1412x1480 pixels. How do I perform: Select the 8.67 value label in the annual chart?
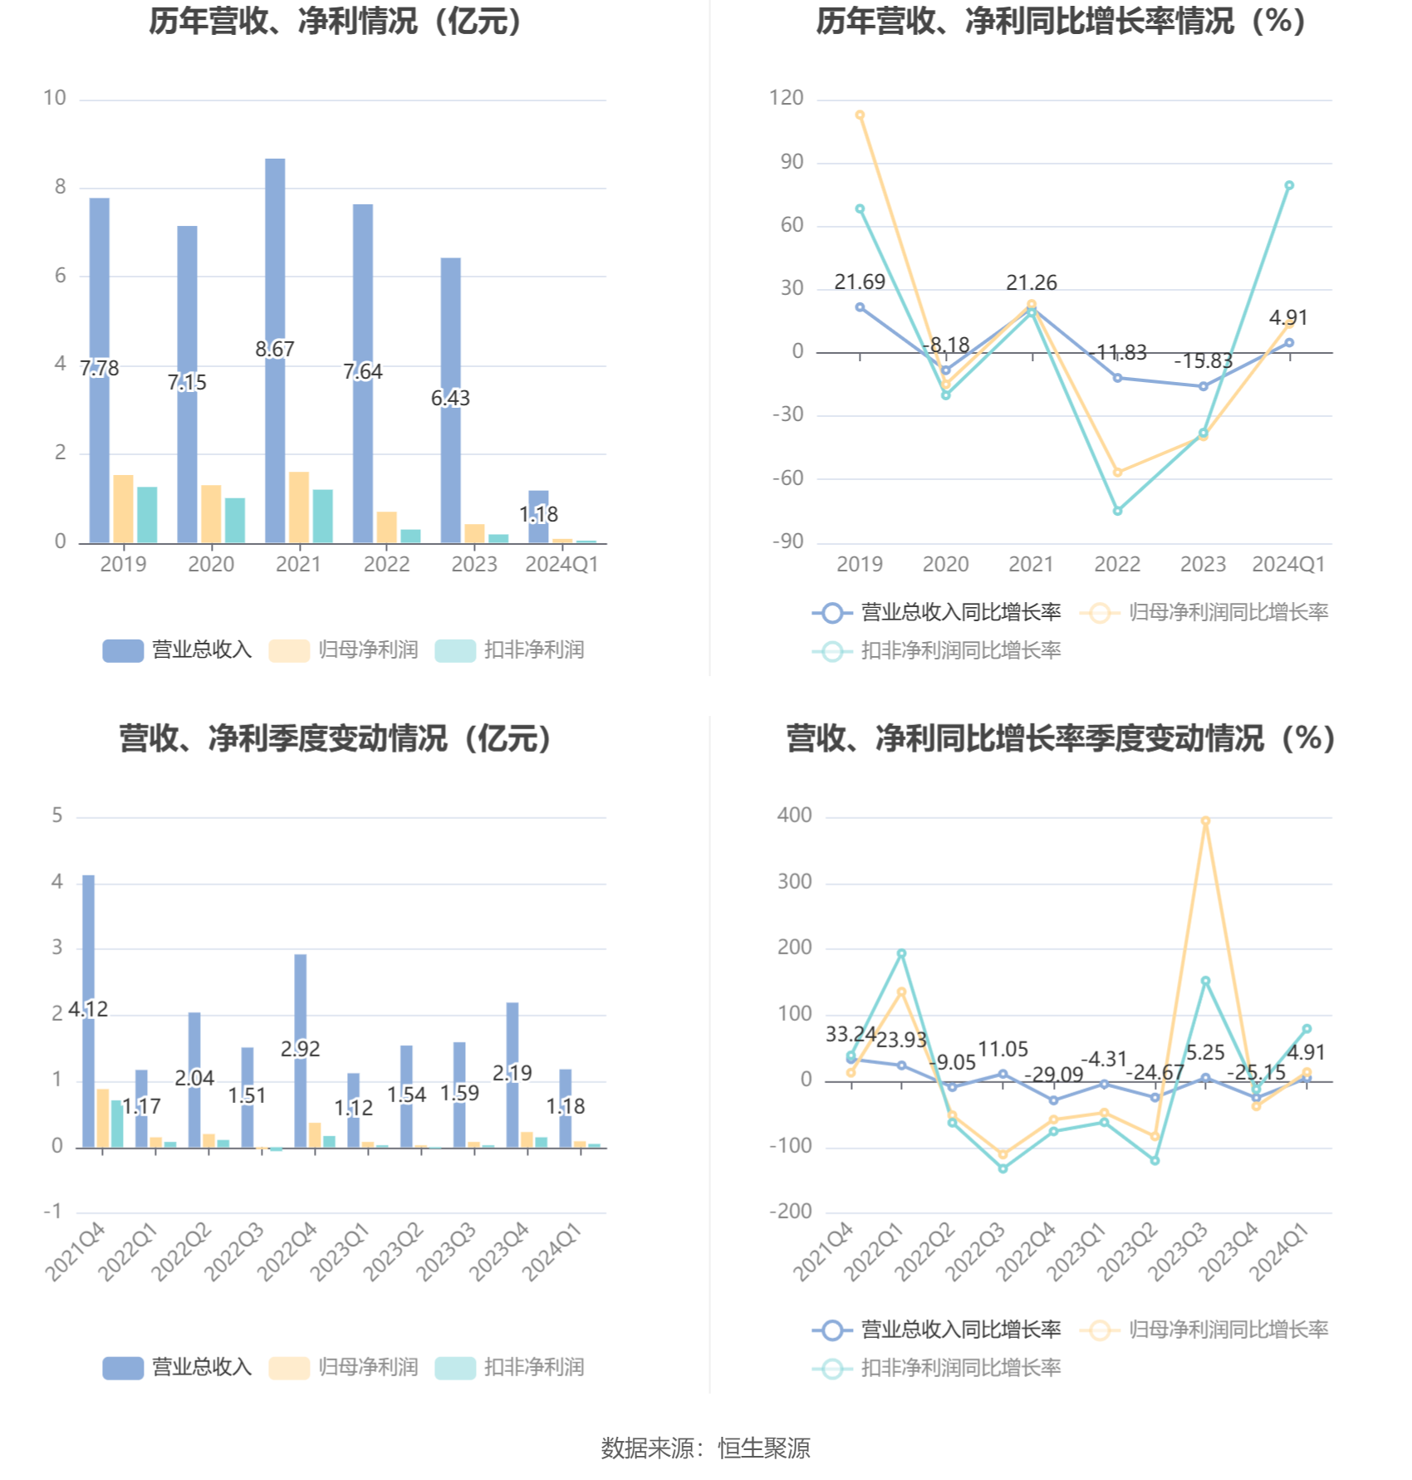[275, 349]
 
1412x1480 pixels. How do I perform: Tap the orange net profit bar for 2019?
[123, 508]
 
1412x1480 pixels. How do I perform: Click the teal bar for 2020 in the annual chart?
[235, 521]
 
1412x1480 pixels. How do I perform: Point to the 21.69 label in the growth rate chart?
[860, 282]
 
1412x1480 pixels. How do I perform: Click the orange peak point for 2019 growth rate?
[860, 115]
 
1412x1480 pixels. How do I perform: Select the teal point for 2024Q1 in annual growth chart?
[1289, 186]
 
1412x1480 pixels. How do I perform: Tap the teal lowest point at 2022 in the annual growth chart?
[1117, 511]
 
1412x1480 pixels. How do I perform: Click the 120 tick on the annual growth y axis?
[786, 98]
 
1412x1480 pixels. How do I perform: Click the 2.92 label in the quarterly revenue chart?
[300, 1049]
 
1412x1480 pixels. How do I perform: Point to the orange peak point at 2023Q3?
[1205, 821]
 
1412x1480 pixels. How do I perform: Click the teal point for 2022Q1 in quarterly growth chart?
[901, 953]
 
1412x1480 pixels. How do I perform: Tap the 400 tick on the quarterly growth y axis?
[794, 816]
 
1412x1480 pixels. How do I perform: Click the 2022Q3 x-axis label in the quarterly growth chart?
[975, 1252]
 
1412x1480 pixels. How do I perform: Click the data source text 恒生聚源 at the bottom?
[763, 1448]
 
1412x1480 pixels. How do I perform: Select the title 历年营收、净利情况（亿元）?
[336, 22]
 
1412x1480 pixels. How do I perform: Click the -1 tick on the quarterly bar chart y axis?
[53, 1212]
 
